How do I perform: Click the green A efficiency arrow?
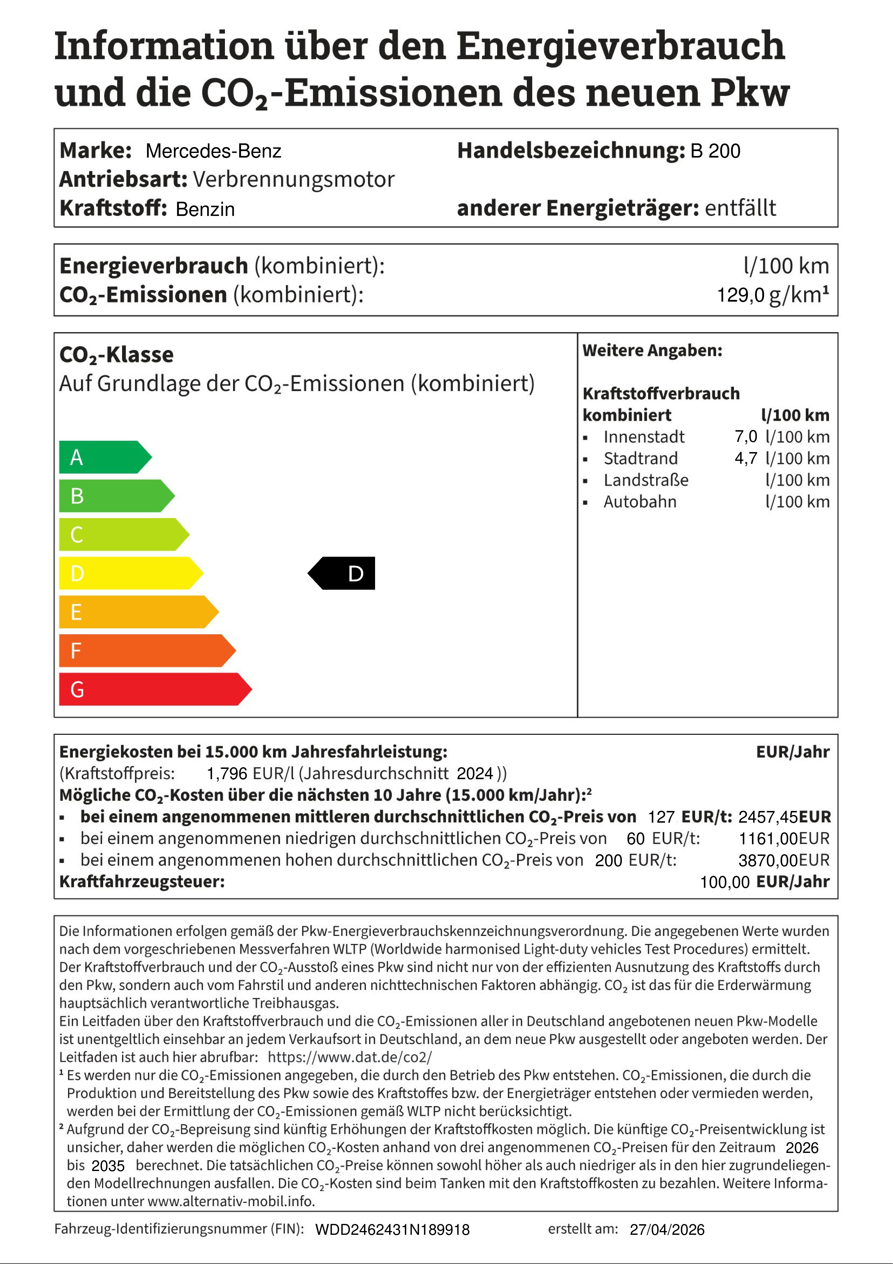(x=102, y=457)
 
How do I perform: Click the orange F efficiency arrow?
(x=143, y=651)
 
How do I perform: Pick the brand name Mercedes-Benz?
(x=214, y=151)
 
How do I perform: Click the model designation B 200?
(x=715, y=151)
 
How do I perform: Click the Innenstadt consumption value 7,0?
(x=746, y=436)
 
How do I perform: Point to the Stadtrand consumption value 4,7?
(x=746, y=458)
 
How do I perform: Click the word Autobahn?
(x=640, y=502)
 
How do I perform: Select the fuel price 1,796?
(x=227, y=773)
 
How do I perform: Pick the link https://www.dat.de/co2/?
(x=350, y=1057)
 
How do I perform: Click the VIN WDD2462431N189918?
(x=392, y=1230)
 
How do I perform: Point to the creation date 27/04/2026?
(x=667, y=1229)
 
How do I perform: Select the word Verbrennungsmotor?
(x=294, y=179)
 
